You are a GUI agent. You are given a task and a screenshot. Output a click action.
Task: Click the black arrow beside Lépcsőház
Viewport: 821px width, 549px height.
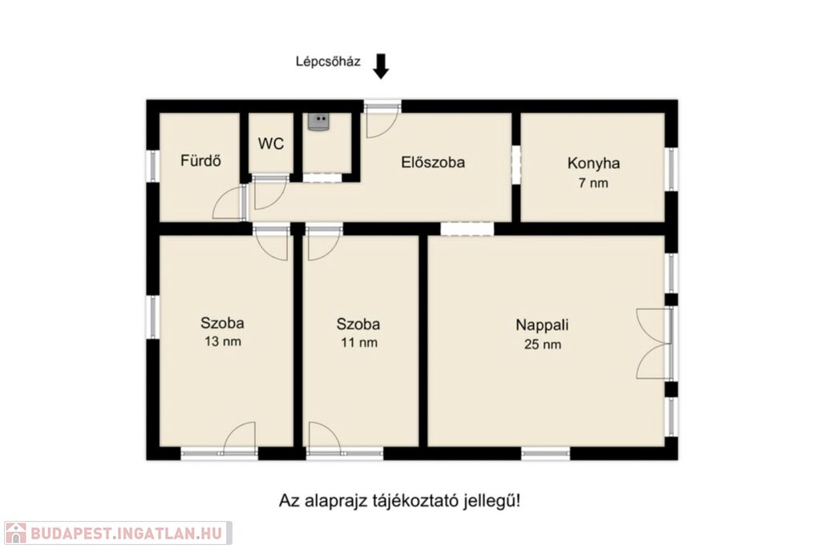click(381, 66)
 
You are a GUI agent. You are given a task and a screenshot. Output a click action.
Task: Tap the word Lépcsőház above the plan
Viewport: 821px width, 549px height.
click(328, 62)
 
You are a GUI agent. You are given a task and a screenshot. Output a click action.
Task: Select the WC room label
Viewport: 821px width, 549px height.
click(271, 143)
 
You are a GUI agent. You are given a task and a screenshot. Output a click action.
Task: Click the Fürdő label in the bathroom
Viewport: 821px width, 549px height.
click(200, 160)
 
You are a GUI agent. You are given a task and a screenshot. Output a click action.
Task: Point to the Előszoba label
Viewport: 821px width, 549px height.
click(433, 162)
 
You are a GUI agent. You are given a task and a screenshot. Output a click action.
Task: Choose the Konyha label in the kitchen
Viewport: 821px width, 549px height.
click(594, 163)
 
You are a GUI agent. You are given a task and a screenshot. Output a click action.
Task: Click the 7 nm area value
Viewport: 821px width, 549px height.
click(593, 184)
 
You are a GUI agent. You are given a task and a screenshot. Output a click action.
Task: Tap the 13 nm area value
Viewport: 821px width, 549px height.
click(223, 341)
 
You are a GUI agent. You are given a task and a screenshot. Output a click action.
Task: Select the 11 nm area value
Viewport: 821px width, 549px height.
click(358, 343)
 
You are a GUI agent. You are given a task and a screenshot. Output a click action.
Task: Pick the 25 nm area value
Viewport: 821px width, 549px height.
click(543, 345)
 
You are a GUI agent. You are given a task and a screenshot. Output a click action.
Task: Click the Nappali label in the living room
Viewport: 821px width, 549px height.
click(542, 325)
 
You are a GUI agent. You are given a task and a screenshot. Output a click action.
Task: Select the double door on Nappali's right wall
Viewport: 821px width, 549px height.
click(653, 344)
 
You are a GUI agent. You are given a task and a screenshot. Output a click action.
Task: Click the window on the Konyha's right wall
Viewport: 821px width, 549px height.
click(671, 169)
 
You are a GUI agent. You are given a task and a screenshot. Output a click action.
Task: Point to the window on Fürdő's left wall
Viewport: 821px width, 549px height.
click(152, 167)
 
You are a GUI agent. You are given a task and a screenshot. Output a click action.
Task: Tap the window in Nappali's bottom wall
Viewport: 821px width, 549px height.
click(545, 454)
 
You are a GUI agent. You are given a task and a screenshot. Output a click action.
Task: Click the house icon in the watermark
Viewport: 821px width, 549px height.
click(15, 533)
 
